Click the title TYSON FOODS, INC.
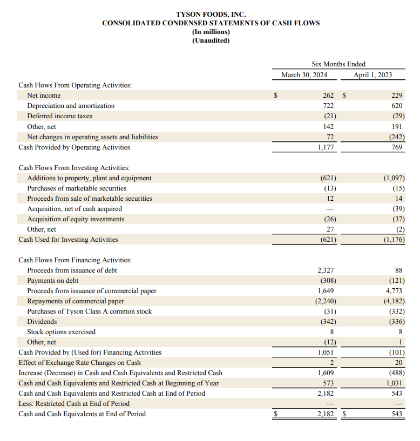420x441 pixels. pos(211,14)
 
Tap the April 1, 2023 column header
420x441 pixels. pos(372,75)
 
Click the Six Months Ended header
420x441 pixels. pos(338,64)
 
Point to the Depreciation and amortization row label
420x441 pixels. pos(71,106)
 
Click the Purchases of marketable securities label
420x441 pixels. pos(77,188)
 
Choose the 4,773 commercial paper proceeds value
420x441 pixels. pos(395,291)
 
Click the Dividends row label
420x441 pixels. pos(42,322)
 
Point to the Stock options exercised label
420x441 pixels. pos(61,332)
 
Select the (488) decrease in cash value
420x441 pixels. pos(396,373)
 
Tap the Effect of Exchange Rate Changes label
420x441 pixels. pos(79,363)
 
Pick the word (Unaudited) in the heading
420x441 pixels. pos(211,40)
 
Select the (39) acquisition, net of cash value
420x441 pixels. pos(398,209)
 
